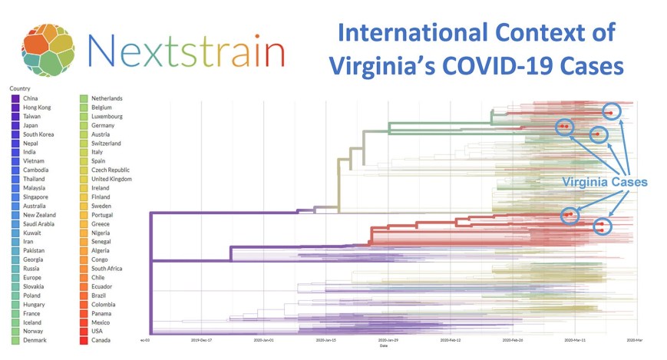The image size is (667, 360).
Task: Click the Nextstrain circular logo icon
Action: [x=48, y=51]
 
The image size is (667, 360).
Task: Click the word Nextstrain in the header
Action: [x=187, y=50]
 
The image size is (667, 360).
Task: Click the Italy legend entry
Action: [x=97, y=152]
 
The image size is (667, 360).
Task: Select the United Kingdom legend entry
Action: [x=111, y=179]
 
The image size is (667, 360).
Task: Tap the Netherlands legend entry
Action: [x=107, y=98]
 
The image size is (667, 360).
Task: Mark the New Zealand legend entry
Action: [x=41, y=215]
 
